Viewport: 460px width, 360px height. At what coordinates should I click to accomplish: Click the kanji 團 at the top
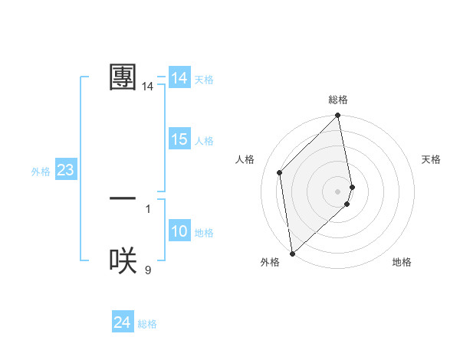(123, 77)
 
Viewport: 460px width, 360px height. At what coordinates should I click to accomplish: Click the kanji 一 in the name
(123, 198)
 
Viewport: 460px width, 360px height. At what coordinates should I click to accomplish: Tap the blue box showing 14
(179, 78)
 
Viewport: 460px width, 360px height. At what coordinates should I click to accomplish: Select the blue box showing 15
(179, 139)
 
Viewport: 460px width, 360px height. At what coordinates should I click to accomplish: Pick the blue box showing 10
(179, 231)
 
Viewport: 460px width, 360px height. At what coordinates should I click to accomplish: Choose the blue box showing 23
(65, 170)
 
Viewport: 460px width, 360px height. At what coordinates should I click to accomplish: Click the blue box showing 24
(122, 323)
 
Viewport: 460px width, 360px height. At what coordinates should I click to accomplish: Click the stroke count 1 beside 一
(148, 208)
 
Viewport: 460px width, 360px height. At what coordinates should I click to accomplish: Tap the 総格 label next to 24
(147, 324)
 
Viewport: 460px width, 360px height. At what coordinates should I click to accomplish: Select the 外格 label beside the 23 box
(41, 172)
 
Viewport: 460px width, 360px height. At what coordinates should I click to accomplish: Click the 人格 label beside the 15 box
(204, 141)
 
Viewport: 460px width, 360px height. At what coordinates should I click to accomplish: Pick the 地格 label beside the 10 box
(204, 233)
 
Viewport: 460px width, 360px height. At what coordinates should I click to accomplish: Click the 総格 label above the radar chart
(338, 100)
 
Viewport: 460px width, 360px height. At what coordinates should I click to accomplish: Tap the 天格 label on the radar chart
(431, 159)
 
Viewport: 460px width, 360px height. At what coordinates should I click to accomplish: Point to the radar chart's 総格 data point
(338, 116)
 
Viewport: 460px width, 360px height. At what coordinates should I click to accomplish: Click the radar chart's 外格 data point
(292, 253)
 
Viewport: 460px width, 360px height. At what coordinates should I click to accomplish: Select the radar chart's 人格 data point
(280, 172)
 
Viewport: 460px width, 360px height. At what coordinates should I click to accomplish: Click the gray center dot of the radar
(337, 191)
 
